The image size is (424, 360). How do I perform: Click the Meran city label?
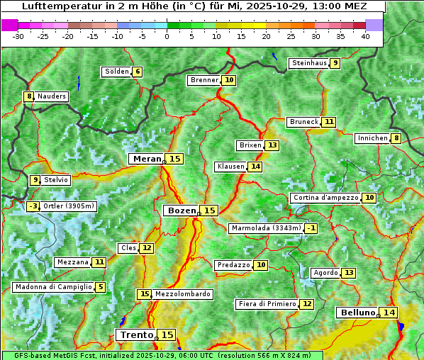(147, 159)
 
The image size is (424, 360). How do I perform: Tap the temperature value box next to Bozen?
(210, 210)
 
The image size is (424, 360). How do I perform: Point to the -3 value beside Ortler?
(33, 206)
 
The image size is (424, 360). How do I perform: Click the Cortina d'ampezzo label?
(325, 198)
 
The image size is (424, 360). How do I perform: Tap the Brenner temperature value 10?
(229, 80)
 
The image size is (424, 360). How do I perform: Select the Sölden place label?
(117, 72)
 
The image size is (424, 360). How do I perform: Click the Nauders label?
(52, 96)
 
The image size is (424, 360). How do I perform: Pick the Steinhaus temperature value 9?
(335, 63)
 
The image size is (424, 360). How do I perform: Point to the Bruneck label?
(304, 122)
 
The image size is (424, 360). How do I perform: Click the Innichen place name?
(372, 138)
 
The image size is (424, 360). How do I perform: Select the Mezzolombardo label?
(182, 294)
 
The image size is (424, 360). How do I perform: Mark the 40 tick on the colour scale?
(365, 36)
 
